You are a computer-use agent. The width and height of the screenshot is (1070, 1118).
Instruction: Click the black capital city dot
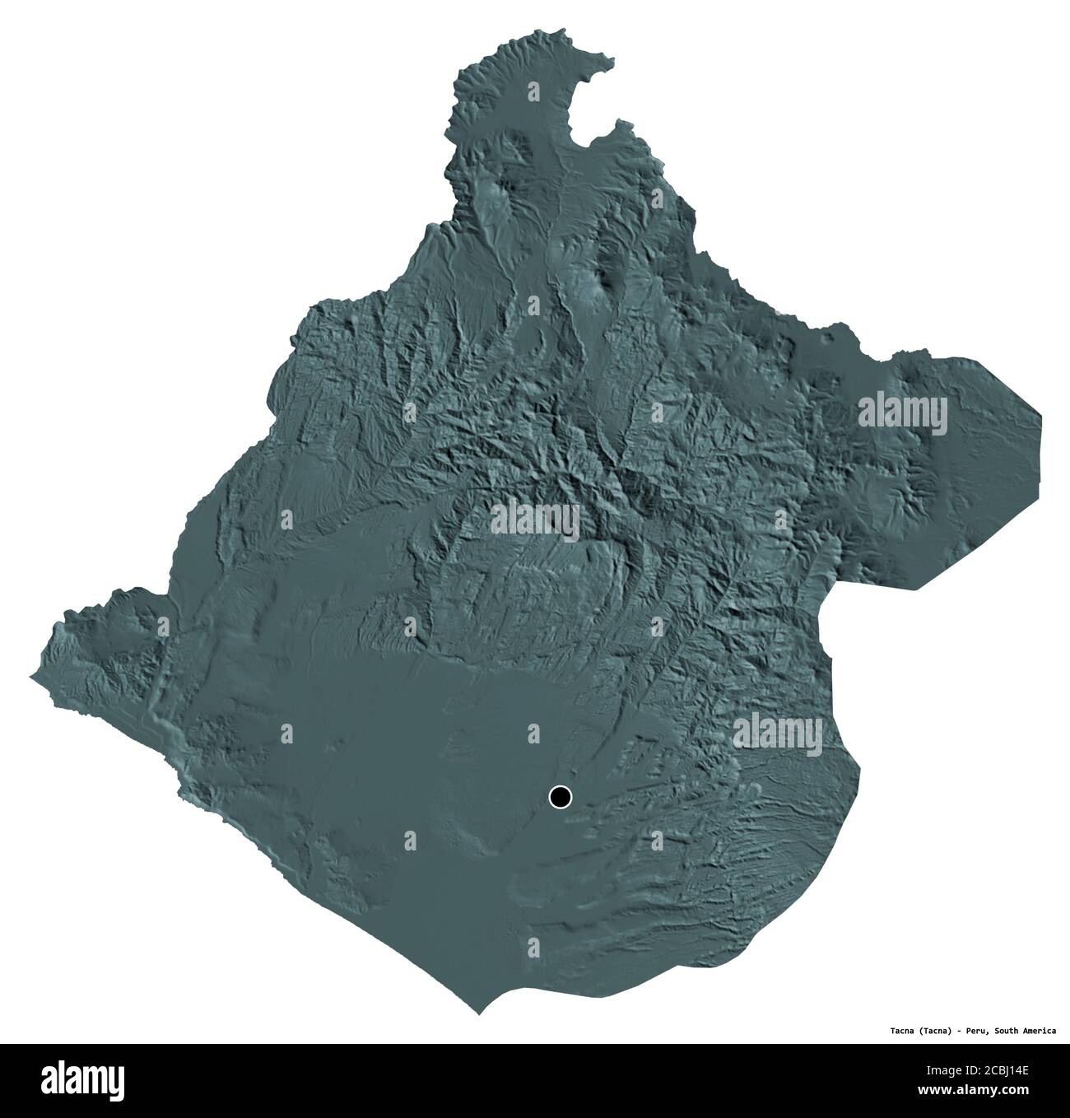click(x=560, y=797)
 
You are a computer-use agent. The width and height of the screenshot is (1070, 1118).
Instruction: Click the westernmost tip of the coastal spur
click(x=33, y=678)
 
